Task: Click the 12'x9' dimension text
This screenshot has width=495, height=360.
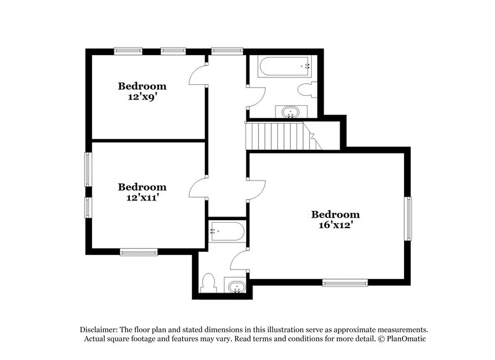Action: (x=142, y=96)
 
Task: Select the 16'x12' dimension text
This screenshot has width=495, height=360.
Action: (x=335, y=225)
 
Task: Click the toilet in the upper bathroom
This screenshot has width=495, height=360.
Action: (x=306, y=90)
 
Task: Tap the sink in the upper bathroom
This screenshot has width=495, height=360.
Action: (x=290, y=112)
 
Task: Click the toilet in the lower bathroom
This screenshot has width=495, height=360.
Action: (x=209, y=282)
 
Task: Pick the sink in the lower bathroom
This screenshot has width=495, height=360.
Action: (x=235, y=287)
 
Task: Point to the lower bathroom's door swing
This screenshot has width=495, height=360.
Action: (x=238, y=262)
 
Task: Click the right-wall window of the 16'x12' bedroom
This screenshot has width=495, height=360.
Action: (x=408, y=218)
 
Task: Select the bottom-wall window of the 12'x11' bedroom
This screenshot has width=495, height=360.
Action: (x=139, y=252)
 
